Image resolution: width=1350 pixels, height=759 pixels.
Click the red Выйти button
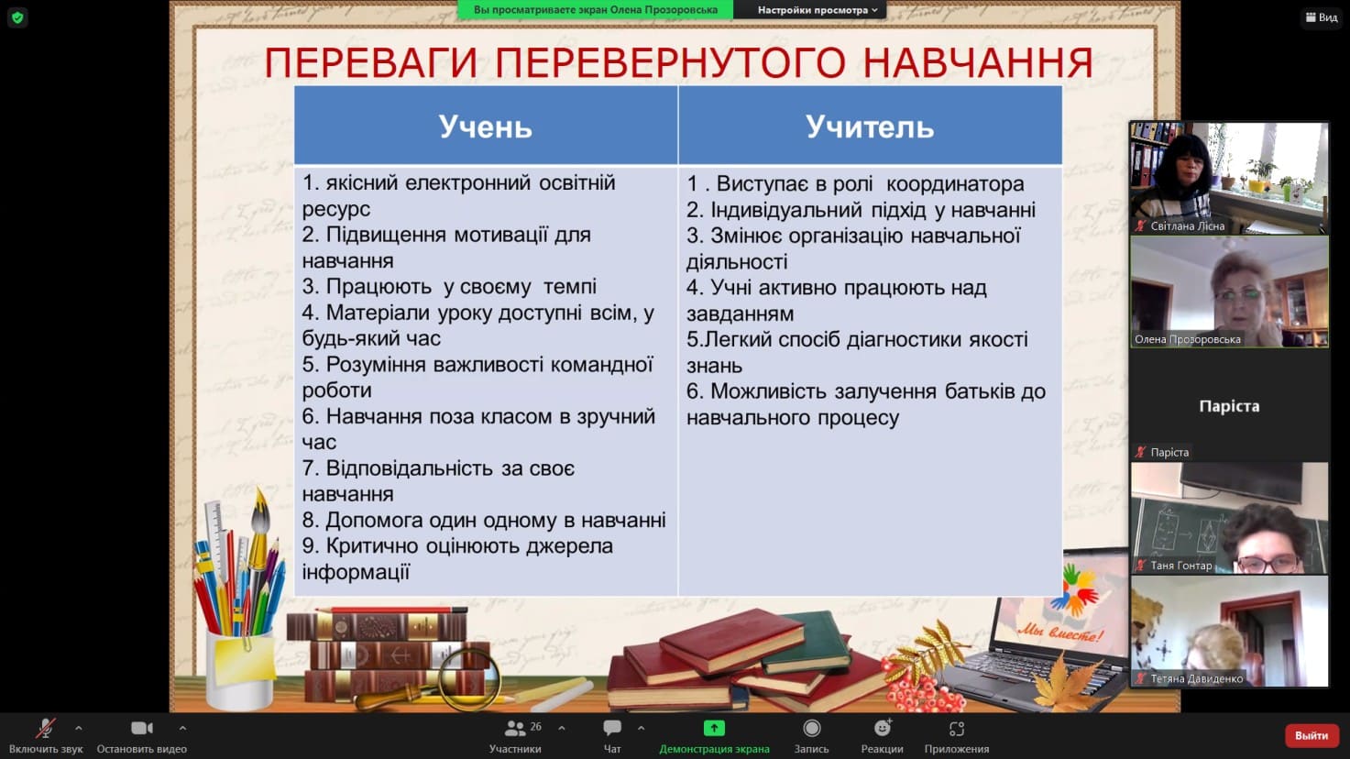tap(1311, 735)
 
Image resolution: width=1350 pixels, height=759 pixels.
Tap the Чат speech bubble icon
tap(611, 728)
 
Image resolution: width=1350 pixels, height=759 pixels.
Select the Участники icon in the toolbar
tap(514, 729)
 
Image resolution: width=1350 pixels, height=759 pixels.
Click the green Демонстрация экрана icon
tap(714, 728)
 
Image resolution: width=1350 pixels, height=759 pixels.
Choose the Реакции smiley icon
tap(883, 728)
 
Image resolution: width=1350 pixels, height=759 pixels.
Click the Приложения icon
tap(957, 729)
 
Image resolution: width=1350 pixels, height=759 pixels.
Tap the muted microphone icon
tap(45, 728)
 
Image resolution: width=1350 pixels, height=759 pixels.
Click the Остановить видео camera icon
tap(142, 728)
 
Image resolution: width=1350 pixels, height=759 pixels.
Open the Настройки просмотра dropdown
tap(817, 10)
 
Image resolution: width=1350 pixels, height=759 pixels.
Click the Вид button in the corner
tap(1322, 17)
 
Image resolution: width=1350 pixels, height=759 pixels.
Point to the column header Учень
tap(485, 126)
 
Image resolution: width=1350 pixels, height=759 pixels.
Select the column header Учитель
tap(870, 126)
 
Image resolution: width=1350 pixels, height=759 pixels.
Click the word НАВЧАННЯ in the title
tap(978, 62)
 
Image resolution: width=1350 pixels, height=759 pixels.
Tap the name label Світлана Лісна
tap(1187, 226)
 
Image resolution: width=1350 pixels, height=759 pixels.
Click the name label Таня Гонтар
tap(1180, 566)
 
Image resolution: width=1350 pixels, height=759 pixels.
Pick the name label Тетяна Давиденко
tap(1196, 679)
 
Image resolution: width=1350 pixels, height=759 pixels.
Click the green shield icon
tap(17, 17)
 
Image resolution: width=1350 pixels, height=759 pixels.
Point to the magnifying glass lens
tap(469, 680)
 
